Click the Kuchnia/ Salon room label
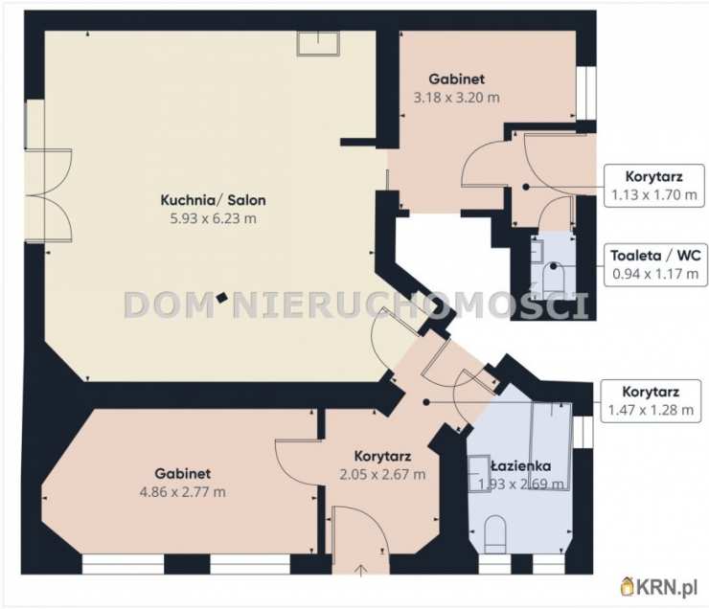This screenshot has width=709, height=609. [x=213, y=200]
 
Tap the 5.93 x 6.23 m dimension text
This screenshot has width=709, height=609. [x=213, y=218]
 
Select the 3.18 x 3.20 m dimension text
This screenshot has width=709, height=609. [x=457, y=98]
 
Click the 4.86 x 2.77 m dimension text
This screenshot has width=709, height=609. [x=183, y=492]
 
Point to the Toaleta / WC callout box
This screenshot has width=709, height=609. [x=655, y=264]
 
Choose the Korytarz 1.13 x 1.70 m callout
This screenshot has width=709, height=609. [x=654, y=186]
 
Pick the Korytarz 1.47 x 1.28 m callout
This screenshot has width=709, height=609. [x=651, y=400]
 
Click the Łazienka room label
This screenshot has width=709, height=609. [x=521, y=465]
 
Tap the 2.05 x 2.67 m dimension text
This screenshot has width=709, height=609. [x=382, y=474]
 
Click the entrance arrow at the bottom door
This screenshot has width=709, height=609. [x=360, y=571]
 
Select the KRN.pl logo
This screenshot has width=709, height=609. [x=659, y=588]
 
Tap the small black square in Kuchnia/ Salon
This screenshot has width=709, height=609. [x=221, y=298]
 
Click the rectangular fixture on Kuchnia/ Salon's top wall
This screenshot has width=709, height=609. [x=318, y=43]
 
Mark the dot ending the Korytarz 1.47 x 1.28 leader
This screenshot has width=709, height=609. [x=426, y=401]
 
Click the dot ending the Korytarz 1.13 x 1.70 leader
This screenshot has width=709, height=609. [x=525, y=187]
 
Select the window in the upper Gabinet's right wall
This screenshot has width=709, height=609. [x=586, y=93]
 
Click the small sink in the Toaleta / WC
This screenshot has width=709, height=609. [x=537, y=251]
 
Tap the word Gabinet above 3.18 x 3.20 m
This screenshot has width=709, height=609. [x=457, y=79]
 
